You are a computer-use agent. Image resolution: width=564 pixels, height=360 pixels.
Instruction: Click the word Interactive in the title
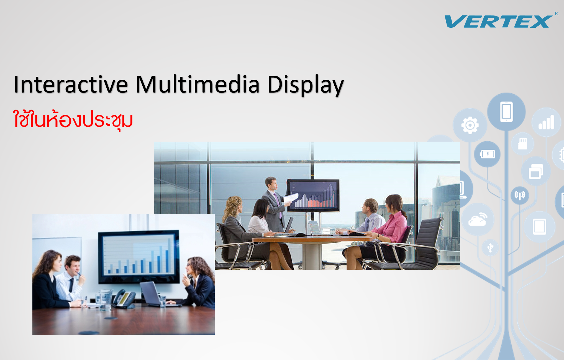(71, 84)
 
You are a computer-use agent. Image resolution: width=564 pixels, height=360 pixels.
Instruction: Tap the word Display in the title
(306, 85)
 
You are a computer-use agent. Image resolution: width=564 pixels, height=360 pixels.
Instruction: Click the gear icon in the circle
(470, 125)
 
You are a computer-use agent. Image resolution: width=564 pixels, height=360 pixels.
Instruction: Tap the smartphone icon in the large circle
(506, 112)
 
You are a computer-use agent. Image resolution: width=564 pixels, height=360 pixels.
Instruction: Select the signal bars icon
(546, 122)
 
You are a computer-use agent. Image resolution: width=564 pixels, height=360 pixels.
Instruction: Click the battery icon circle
(487, 154)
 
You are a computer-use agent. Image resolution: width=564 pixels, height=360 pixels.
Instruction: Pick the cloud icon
(478, 219)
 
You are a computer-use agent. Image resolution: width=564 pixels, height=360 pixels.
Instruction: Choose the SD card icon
(523, 144)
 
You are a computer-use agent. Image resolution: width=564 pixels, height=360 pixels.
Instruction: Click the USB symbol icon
(490, 247)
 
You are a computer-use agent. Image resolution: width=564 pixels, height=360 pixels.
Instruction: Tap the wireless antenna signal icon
(520, 195)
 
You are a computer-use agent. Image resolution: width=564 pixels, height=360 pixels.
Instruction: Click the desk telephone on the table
(124, 298)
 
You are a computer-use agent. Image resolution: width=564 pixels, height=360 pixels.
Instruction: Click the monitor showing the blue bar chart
(139, 257)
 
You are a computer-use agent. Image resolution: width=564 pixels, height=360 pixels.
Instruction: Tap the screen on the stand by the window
(313, 195)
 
